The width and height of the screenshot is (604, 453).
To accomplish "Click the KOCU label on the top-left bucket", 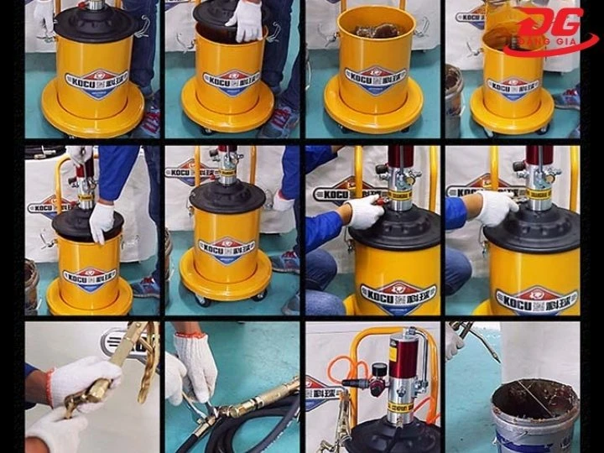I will point(93,82).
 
